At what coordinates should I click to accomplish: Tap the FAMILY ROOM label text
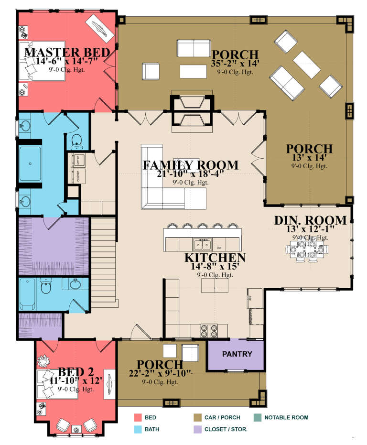(191, 165)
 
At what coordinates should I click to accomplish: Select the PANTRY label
(237, 354)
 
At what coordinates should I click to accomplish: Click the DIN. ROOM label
(310, 220)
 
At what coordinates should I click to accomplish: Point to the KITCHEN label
(215, 258)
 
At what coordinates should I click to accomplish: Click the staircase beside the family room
(103, 258)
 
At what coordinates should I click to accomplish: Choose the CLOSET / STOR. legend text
(226, 429)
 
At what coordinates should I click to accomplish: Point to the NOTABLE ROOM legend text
(286, 417)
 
